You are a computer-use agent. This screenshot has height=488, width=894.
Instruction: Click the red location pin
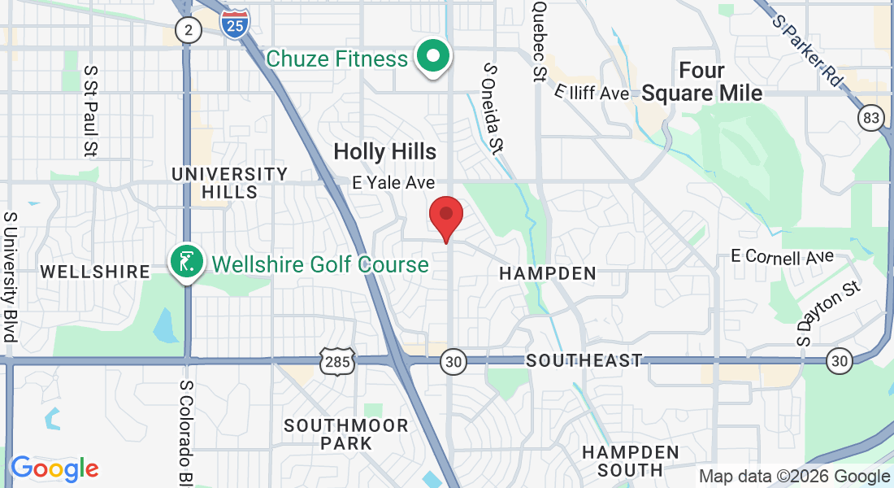445,215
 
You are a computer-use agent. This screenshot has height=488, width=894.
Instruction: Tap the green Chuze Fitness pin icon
434,57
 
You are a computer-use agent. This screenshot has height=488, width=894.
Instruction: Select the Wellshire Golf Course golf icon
186,262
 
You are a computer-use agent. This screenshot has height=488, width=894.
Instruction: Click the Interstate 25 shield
234,24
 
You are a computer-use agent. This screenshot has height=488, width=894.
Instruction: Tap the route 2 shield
189,31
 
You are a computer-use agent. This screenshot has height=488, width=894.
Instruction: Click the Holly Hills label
384,151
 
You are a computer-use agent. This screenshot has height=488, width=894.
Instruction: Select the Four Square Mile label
702,81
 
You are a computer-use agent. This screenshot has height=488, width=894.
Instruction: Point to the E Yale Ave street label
393,183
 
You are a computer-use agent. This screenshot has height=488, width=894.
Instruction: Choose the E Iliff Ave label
592,93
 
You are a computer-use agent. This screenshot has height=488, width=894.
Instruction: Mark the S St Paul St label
90,112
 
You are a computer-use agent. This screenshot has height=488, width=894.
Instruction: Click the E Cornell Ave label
783,257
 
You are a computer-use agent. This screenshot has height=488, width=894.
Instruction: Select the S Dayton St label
827,313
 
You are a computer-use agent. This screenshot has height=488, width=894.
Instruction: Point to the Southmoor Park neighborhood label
346,434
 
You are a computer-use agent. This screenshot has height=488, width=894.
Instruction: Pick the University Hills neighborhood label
229,183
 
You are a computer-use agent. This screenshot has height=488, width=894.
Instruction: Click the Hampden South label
631,460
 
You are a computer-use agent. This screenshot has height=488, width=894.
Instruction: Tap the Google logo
54,468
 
